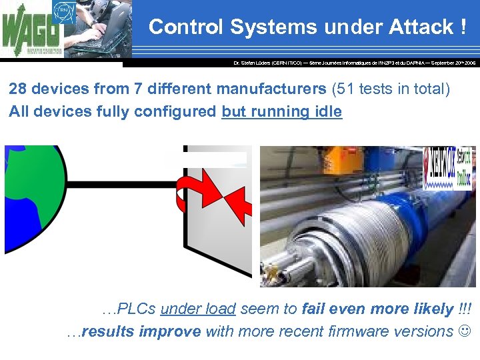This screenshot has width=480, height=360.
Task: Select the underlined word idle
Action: [x=326, y=111]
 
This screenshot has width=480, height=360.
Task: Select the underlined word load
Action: [x=221, y=309]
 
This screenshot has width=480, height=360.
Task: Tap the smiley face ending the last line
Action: [x=465, y=331]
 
